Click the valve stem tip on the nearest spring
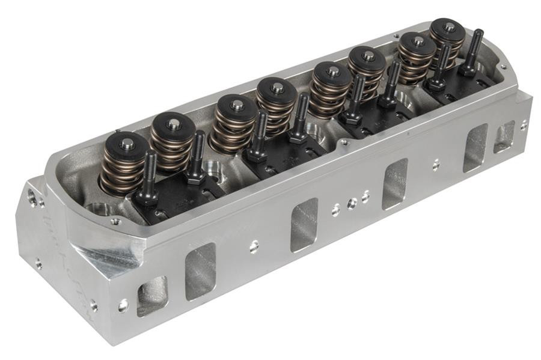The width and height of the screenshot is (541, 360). [x=127, y=143]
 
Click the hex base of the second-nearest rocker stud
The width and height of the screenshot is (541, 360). [x=196, y=177]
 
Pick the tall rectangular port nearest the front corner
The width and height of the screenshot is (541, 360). [x=200, y=271]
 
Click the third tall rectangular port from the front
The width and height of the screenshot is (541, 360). [x=396, y=183]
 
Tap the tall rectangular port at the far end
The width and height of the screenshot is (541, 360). [x=475, y=148]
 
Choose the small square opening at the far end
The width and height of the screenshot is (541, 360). [x=504, y=137]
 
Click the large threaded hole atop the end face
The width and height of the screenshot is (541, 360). [x=31, y=196]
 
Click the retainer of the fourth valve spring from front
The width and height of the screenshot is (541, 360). [x=277, y=88]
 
